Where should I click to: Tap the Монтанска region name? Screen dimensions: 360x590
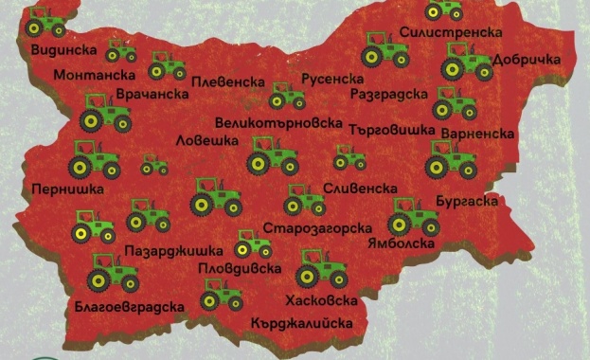point(93,75)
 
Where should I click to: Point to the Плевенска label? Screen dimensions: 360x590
point(227,81)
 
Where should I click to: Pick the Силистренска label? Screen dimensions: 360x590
point(450,32)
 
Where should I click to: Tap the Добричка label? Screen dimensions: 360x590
point(527,58)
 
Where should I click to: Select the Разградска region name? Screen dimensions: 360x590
point(388,96)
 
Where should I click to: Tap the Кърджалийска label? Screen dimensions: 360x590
point(302,323)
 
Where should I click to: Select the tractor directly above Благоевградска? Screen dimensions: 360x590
point(113,273)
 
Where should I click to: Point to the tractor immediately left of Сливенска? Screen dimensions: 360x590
point(303,199)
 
